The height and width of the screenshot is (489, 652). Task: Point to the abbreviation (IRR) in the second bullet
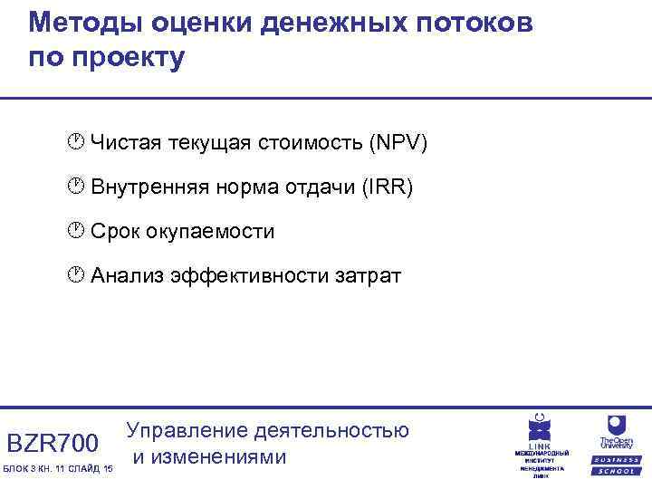[387, 187]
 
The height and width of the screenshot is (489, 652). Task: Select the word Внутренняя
[150, 187]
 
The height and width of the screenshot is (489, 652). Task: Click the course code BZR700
[53, 444]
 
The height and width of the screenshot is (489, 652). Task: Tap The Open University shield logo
[617, 425]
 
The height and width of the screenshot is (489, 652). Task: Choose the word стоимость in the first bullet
[308, 143]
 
